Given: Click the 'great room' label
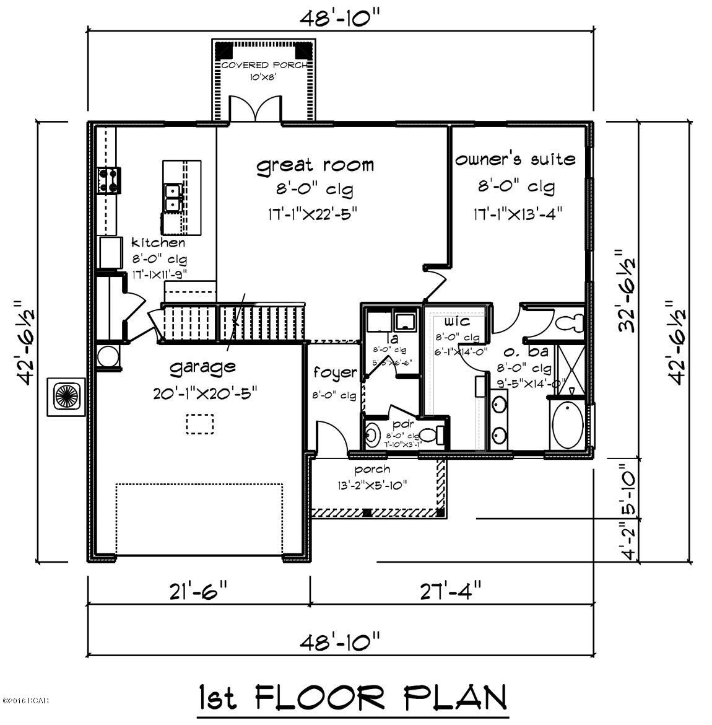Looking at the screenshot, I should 315,165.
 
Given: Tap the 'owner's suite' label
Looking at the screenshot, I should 515,159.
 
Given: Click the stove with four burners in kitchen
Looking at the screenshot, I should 108,180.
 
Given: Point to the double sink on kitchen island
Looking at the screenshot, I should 171,197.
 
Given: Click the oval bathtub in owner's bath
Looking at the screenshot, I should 567,426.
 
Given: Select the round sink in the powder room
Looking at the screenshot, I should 371,435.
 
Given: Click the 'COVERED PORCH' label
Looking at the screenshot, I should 263,65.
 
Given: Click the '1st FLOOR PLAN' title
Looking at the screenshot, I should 352,697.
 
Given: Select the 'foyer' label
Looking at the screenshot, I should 335,372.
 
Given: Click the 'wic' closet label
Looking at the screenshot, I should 456,322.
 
